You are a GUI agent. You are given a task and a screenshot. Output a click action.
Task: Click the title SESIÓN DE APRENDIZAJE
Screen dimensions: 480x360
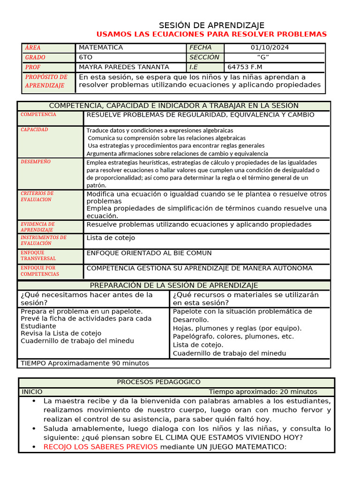coord(211,25)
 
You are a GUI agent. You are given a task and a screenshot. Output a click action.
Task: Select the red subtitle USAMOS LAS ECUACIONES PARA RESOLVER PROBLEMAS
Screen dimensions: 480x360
coord(211,34)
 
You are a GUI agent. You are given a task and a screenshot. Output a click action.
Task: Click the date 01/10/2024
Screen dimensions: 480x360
coord(270,47)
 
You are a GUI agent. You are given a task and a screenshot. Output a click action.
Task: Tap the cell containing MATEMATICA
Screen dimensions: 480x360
coord(101,47)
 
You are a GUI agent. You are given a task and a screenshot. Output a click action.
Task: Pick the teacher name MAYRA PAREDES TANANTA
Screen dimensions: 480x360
coord(124,67)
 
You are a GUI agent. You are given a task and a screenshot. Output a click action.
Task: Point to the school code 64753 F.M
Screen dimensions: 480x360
coord(245,67)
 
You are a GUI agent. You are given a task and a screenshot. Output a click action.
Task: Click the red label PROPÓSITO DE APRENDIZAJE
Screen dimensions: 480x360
coord(46,81)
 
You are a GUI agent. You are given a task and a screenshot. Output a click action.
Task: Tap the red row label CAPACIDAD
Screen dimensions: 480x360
coord(34,129)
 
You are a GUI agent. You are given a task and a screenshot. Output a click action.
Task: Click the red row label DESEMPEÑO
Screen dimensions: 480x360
coord(36,162)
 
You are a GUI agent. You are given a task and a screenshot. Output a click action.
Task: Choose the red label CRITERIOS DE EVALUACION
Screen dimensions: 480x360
coord(37,196)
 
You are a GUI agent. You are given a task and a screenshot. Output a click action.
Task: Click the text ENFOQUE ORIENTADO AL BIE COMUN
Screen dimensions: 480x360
coord(149,253)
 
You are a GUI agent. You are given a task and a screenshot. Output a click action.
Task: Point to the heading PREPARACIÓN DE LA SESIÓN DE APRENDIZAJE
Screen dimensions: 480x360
coord(174,285)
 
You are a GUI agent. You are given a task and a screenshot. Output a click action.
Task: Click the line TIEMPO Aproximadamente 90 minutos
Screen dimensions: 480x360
coord(85,363)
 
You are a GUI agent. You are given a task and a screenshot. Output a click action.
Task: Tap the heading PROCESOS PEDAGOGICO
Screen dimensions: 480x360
coord(158,382)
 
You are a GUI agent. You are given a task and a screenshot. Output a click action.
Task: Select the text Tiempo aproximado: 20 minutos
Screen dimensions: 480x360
coord(263,392)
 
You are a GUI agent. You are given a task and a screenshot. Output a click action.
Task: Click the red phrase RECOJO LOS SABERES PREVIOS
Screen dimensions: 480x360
coord(100,447)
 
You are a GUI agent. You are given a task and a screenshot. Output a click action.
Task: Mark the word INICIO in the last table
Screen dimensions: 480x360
coord(32,392)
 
